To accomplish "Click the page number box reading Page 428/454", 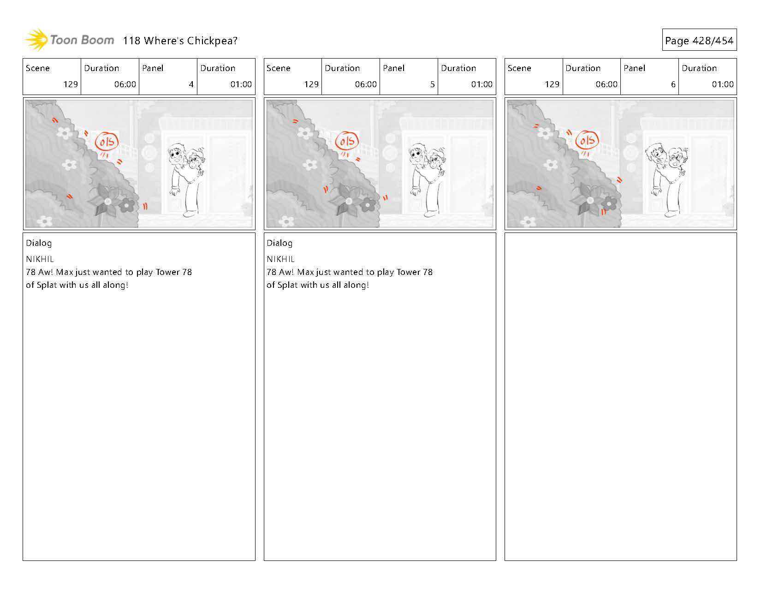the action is [x=699, y=40].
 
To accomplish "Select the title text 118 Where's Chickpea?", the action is [x=180, y=41].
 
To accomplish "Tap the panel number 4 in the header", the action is [x=191, y=84].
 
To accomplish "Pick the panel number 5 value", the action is [x=432, y=84].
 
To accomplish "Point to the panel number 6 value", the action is [x=673, y=84].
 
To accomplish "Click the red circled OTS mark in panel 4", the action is [x=107, y=142].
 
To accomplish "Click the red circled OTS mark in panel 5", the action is [x=347, y=141].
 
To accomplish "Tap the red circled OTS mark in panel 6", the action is [x=587, y=140].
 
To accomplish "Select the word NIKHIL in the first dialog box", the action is [x=40, y=259].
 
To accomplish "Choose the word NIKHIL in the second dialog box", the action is [x=280, y=259].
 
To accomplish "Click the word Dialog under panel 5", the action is [x=279, y=243].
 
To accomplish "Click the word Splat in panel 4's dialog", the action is [x=47, y=285].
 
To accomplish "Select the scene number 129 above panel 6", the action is [x=552, y=84].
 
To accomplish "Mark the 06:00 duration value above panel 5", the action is [x=366, y=84].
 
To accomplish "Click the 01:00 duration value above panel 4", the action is [x=241, y=84].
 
